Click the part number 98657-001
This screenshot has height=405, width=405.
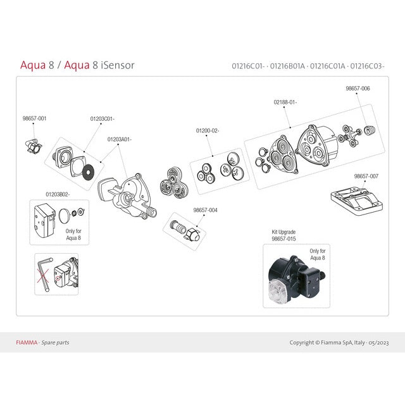pos(34,118)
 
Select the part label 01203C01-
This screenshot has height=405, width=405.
pos(102,118)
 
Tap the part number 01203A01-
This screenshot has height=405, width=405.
pos(119,139)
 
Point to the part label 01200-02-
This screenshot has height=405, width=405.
pos(207,131)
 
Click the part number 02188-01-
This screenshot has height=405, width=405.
pos(285,102)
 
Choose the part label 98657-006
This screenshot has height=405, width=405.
pos(358,89)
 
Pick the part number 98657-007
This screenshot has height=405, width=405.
pos(366,176)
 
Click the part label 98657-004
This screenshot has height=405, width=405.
pos(205,209)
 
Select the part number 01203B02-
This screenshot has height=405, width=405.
pos(58,194)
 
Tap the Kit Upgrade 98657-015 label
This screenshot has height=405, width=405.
pos(283,236)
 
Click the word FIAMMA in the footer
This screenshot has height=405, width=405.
pos(26,342)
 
